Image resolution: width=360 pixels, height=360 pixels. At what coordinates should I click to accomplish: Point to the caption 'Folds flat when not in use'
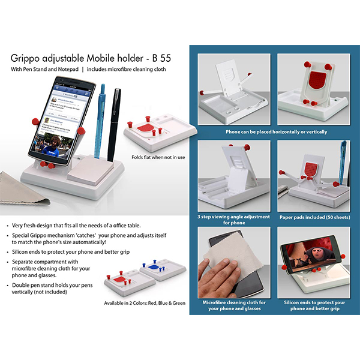(158, 158)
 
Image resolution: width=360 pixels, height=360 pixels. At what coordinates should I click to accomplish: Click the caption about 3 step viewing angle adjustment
(234, 219)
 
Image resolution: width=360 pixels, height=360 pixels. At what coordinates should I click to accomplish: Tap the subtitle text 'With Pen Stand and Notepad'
(44, 70)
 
